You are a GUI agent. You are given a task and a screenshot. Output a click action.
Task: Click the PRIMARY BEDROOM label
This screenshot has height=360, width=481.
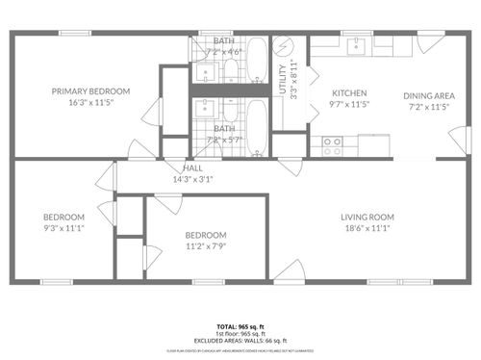click(x=91, y=91)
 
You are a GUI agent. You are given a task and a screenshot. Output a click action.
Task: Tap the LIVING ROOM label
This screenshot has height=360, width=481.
click(x=368, y=217)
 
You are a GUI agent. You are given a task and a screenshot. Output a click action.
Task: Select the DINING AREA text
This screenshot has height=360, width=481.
click(x=429, y=95)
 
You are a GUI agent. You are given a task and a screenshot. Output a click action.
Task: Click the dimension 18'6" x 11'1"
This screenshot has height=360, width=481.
click(x=368, y=228)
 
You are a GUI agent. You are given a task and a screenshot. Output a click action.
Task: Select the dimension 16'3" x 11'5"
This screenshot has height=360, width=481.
click(x=91, y=102)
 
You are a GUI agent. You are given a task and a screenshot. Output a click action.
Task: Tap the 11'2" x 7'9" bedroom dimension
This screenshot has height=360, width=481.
click(x=206, y=246)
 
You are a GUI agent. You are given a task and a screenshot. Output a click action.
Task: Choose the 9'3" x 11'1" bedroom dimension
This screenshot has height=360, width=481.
click(x=63, y=228)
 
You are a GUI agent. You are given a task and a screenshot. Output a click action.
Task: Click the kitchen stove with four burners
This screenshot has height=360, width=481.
click(x=332, y=145)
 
